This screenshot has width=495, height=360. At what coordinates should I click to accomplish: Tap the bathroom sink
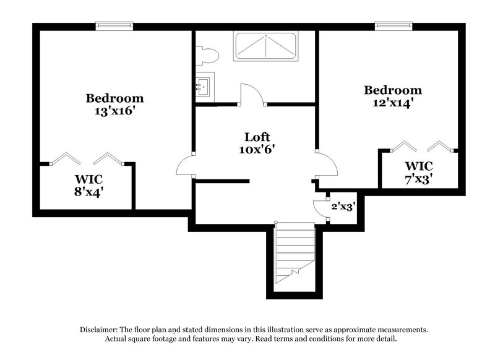click(x=204, y=84)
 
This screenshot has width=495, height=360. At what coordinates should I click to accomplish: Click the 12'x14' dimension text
click(x=392, y=103)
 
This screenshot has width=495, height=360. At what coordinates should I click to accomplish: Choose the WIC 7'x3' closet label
click(x=418, y=172)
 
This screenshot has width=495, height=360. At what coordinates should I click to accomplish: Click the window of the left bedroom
click(x=114, y=26)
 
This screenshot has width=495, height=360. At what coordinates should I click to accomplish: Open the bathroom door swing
click(x=252, y=94)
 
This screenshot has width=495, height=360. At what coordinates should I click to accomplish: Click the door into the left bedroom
click(x=185, y=166)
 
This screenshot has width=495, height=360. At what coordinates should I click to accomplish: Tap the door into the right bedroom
click(x=327, y=165)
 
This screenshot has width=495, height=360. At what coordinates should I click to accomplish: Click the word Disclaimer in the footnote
click(x=100, y=330)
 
